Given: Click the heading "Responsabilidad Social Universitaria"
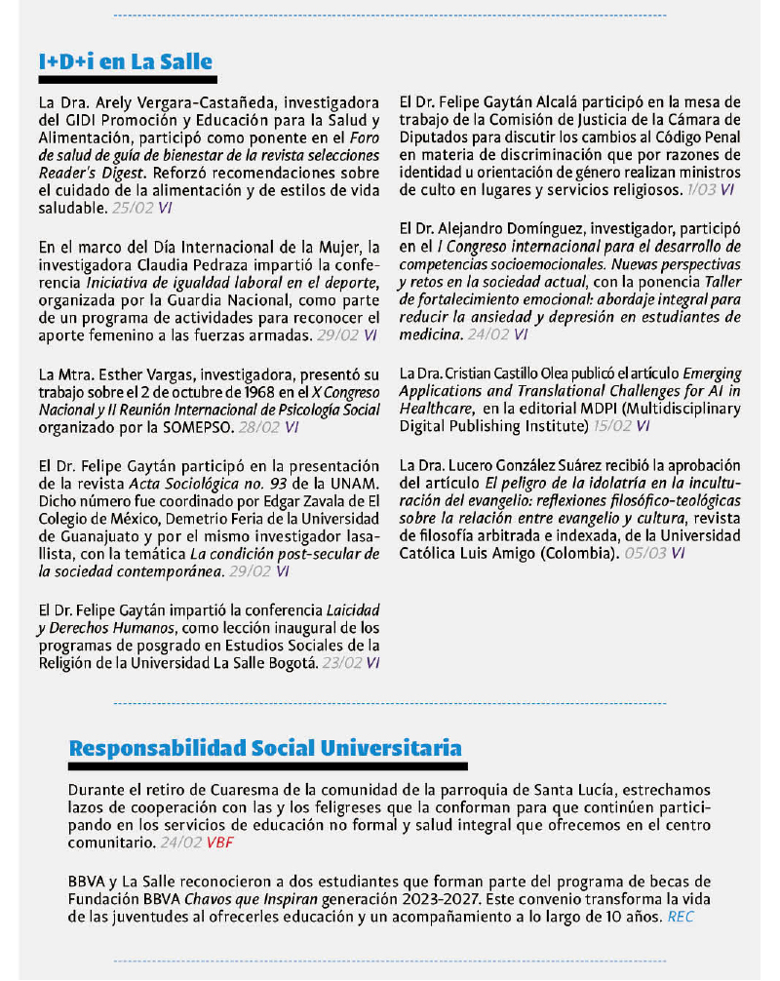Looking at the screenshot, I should click(x=265, y=749).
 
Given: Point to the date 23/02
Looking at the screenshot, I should click(x=340, y=662).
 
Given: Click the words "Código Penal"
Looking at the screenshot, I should click(x=697, y=137).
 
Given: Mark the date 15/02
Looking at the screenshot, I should click(x=610, y=426).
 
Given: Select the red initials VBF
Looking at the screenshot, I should click(x=219, y=842).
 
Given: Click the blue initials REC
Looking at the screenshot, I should click(x=681, y=918).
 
